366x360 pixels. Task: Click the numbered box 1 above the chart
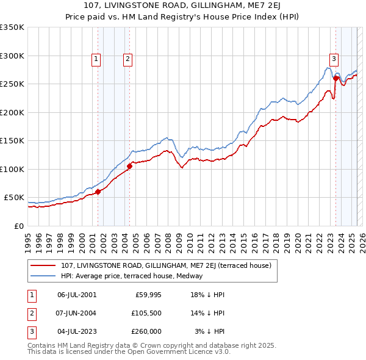[97, 59]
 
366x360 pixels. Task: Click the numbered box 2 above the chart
[127, 59]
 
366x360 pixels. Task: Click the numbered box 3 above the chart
[334, 59]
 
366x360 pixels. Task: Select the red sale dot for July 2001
[98, 192]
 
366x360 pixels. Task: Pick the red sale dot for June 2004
[129, 165]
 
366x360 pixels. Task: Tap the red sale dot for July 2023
[336, 78]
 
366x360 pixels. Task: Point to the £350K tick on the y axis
[12, 27]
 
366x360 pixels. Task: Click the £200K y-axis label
[12, 112]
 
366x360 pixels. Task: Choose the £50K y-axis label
[14, 198]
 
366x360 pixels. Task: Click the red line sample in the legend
[43, 265]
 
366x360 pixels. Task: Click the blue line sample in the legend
[43, 276]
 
